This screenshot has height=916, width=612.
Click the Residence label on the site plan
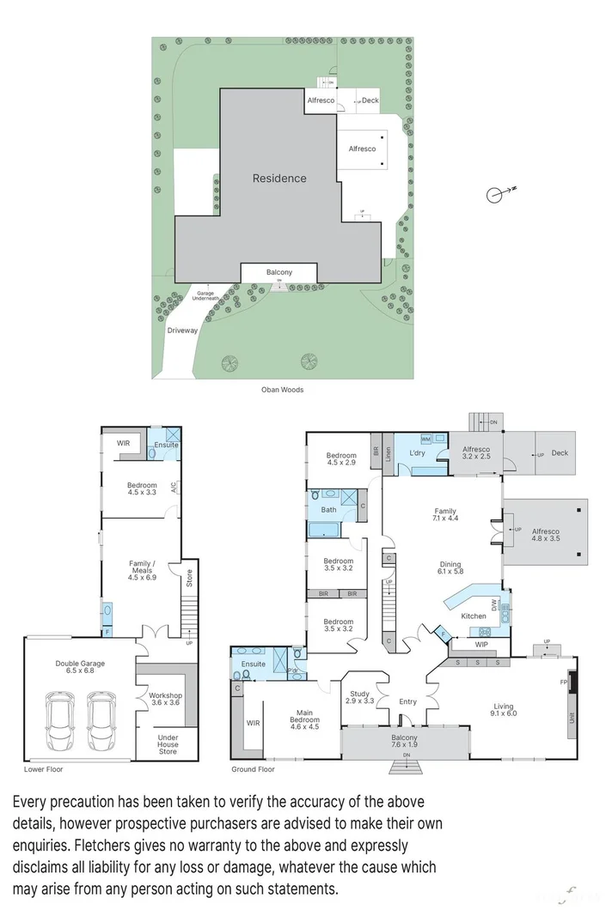coord(279,179)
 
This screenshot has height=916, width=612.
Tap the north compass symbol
coord(496,195)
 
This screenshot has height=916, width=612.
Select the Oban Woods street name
coord(282,390)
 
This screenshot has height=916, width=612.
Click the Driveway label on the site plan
coord(182,330)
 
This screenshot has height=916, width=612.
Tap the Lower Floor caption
coord(45,769)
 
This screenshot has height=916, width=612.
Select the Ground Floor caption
coord(254,769)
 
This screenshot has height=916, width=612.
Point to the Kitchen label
coord(474,616)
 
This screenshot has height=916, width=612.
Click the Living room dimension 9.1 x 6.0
coord(504,712)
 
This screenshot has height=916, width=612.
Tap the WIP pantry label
coord(481,643)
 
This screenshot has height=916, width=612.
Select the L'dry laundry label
coord(418,452)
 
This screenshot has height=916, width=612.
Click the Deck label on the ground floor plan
coord(560,453)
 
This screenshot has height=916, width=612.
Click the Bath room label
coord(328,510)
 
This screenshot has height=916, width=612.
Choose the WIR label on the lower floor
coord(123,443)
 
